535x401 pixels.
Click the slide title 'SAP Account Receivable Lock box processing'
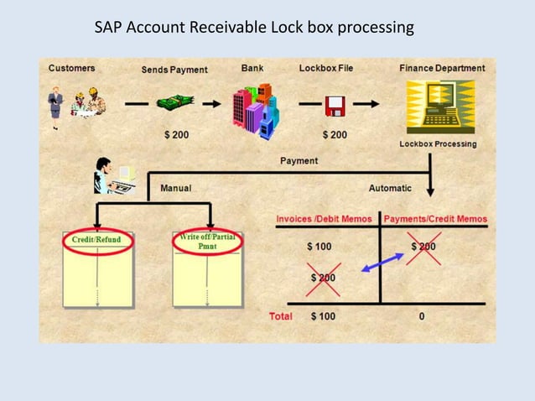click(x=254, y=28)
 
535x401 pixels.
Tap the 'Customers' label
click(x=71, y=67)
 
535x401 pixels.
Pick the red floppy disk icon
click(x=335, y=105)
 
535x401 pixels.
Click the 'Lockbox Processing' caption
click(x=437, y=143)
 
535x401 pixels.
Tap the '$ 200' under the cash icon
click(x=174, y=134)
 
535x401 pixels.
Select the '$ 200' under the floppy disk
click(x=335, y=134)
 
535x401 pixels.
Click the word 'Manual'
click(x=175, y=188)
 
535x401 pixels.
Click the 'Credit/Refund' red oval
click(x=96, y=240)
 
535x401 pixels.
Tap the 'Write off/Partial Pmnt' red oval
click(x=206, y=241)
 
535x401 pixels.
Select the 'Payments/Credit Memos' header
click(x=434, y=219)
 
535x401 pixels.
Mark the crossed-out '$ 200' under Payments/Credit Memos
click(x=423, y=247)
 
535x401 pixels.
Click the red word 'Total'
click(x=280, y=316)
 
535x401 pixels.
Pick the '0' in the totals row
click(x=422, y=316)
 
